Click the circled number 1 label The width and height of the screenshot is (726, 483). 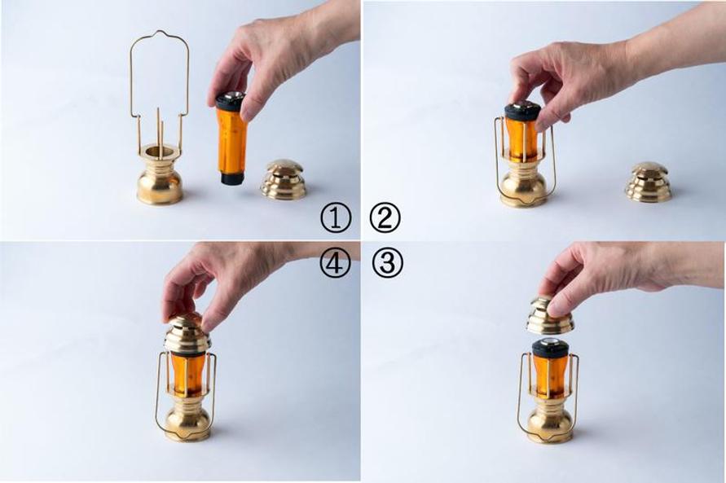tap(336, 218)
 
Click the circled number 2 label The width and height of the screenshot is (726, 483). tap(385, 218)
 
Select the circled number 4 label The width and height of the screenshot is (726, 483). tap(335, 263)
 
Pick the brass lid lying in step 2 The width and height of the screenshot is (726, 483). tap(649, 182)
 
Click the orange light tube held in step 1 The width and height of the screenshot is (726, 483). tap(231, 138)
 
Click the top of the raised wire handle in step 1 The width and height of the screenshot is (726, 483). tap(160, 33)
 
